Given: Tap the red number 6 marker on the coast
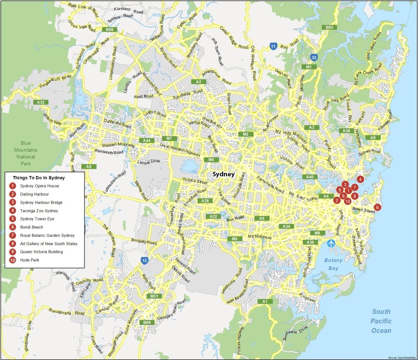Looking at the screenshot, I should tap(377, 207).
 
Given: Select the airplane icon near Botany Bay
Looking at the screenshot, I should tap(332, 243).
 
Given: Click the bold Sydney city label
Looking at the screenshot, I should tap(224, 175).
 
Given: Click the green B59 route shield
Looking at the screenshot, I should tap(110, 30).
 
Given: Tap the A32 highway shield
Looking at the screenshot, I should tap(41, 102).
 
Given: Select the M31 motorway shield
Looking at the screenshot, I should tap(154, 296).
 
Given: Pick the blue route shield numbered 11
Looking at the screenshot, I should tap(273, 46).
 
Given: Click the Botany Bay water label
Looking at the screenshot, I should tap(333, 264).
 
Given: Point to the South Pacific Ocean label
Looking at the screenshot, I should tap(381, 321).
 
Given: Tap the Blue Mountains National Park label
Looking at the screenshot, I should tap(26, 153).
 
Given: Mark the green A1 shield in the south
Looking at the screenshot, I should tap(264, 301).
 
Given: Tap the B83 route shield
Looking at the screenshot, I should tap(329, 27).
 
